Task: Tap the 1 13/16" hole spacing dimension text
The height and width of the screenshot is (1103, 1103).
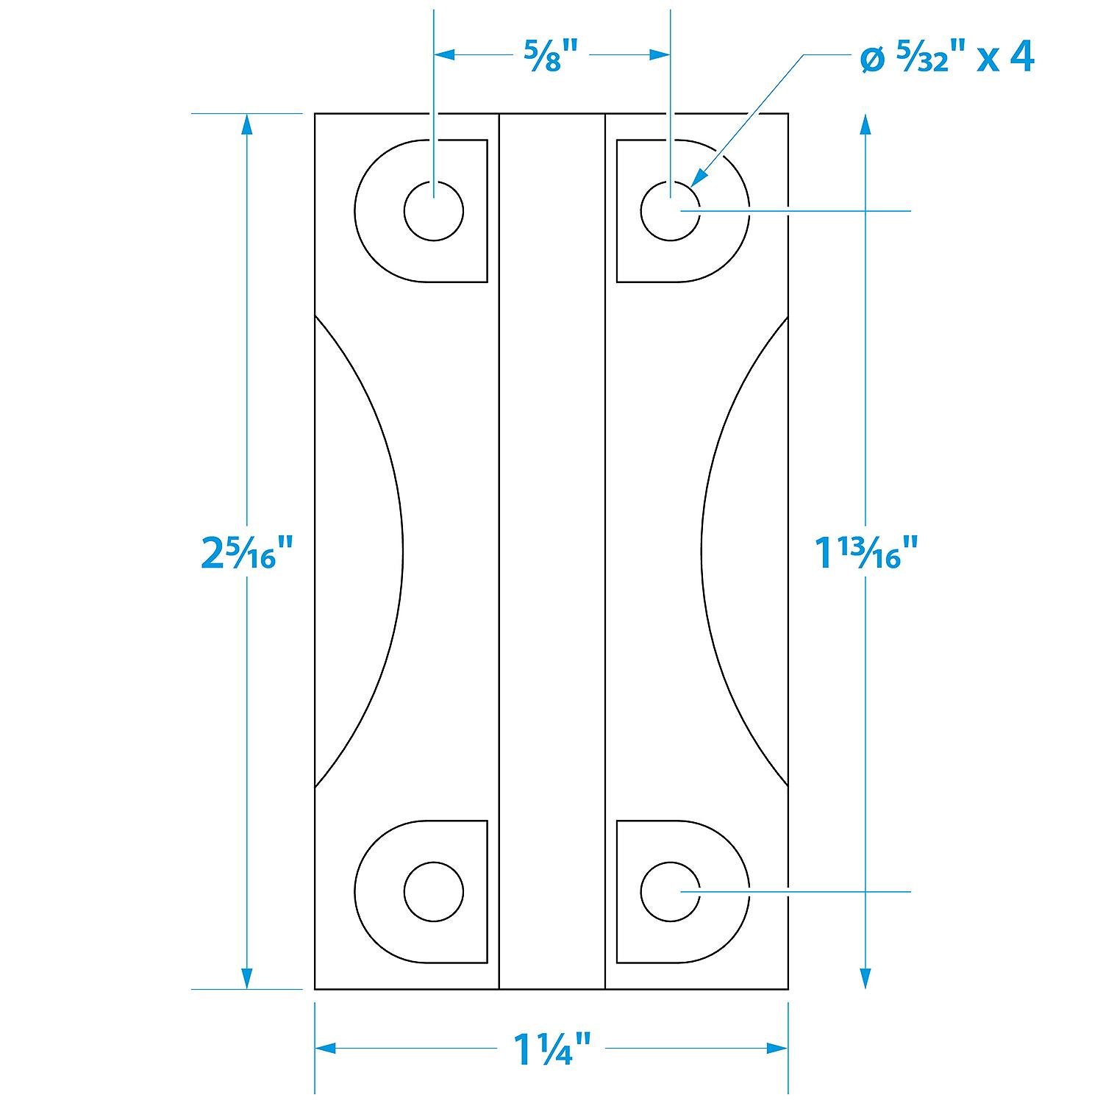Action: coord(868,551)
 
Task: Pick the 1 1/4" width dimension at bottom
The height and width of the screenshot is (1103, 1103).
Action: coord(551,1050)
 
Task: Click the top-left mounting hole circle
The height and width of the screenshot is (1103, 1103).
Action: coord(434,211)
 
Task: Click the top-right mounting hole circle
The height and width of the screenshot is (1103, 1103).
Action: coord(670,211)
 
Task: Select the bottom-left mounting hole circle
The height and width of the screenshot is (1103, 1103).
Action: coord(434,891)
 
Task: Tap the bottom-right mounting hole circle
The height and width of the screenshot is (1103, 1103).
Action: coord(670,891)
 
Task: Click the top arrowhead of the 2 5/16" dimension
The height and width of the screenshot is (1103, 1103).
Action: coord(247,125)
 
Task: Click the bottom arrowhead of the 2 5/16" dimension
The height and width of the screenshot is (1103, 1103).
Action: coord(247,978)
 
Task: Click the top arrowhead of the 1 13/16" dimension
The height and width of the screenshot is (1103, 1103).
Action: coord(865,125)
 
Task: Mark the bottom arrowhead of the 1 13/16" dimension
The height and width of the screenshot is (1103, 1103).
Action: coord(865,978)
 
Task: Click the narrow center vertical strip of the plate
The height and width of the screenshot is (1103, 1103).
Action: coord(551,551)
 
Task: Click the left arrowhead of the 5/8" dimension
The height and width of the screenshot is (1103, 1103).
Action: coord(446,54)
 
